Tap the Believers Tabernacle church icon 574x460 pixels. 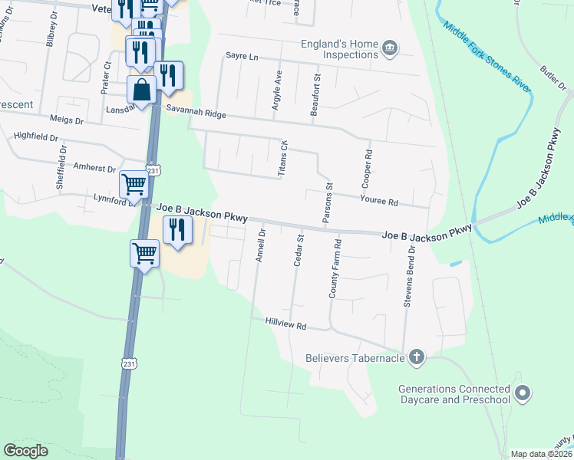(x=417, y=356)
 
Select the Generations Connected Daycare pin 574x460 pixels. (x=523, y=393)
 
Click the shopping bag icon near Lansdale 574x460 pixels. (x=143, y=90)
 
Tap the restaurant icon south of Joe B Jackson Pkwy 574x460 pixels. (x=177, y=229)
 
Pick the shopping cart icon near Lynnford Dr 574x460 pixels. (x=134, y=184)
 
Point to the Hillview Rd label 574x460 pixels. (x=285, y=325)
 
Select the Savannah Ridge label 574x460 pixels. (x=196, y=113)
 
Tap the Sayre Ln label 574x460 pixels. (x=242, y=56)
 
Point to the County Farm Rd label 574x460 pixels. (x=334, y=268)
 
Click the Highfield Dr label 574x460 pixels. (x=36, y=136)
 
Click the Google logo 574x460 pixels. (x=26, y=450)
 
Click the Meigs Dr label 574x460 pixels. (x=66, y=120)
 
